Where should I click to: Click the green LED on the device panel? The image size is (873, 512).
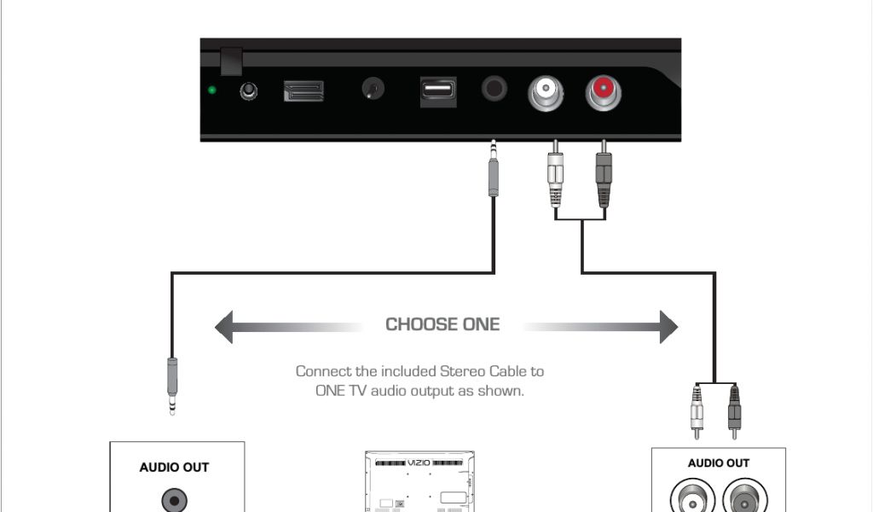211,90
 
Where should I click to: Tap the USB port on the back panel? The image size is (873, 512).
437,90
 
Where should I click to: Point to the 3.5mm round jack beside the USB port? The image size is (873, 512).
494,89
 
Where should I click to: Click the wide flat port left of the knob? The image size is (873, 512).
304,90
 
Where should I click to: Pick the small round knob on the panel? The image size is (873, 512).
373,90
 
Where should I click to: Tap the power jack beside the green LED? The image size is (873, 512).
250,90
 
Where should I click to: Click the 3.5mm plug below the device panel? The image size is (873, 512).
493,171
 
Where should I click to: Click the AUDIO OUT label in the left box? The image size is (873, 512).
174,467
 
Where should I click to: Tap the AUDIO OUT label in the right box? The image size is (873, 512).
719,463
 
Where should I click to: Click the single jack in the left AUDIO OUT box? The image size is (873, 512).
175,499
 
